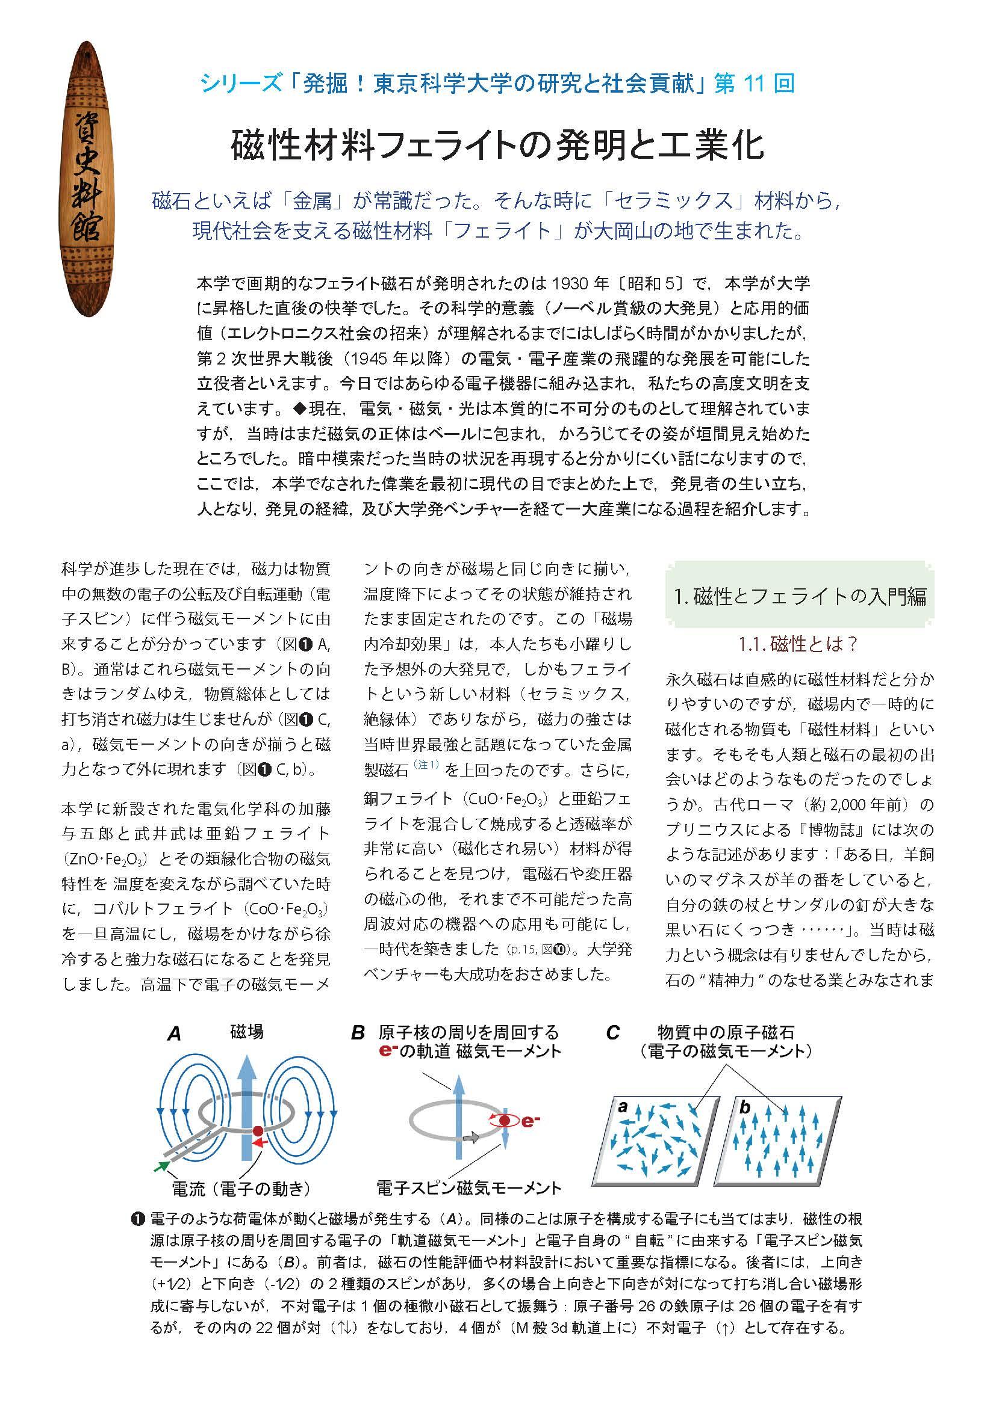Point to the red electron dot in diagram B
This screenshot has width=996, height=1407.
pos(505,1121)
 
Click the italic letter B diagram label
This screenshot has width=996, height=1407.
pos(358,1033)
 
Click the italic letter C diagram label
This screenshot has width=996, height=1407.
pos(612,1033)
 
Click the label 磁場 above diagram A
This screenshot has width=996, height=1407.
pos(246,1032)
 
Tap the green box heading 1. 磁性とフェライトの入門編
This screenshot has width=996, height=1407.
pos(800,596)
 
